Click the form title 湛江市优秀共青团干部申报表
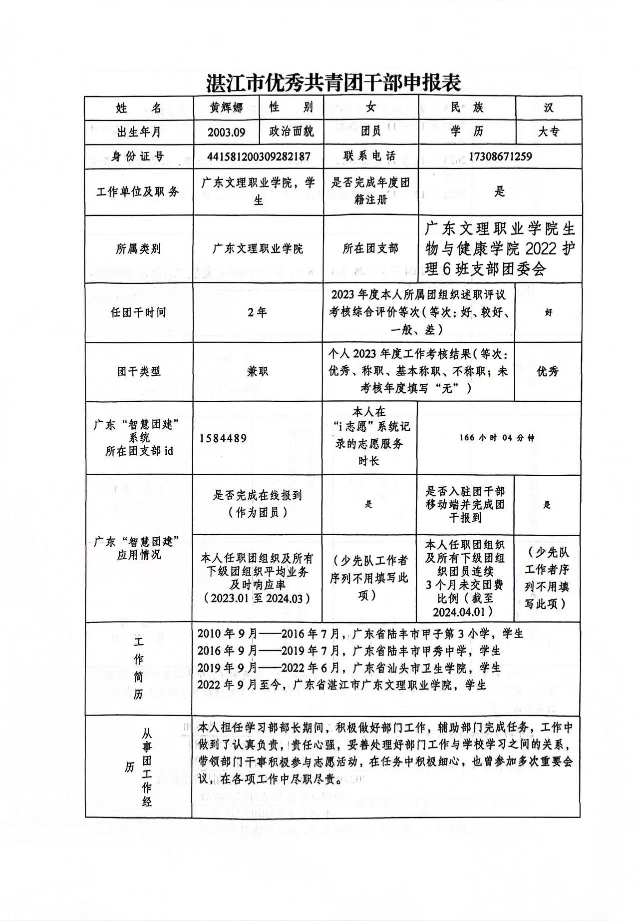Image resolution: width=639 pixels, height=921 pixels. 333,83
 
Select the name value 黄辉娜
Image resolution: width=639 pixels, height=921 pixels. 226,107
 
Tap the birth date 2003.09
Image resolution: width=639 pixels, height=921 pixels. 227,132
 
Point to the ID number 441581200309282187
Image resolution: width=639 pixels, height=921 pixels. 259,156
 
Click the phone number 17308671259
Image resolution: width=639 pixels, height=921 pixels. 500,156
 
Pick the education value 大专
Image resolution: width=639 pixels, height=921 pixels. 548,132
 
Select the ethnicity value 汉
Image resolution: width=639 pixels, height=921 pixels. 548,107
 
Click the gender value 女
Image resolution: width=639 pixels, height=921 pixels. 370,107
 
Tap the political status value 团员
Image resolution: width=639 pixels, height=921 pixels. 370,132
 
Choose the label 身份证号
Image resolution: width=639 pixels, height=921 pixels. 138,156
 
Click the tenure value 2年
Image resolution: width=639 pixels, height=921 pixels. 257,312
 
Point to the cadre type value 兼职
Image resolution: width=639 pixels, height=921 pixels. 257,371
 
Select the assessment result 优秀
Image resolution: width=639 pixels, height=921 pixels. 548,371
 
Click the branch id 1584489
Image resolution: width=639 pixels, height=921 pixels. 223,438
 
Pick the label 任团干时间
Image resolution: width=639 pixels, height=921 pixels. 138,313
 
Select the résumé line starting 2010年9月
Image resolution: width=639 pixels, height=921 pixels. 360,634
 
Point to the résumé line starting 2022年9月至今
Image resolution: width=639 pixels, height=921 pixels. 341,685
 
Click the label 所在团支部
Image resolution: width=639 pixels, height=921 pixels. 370,248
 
